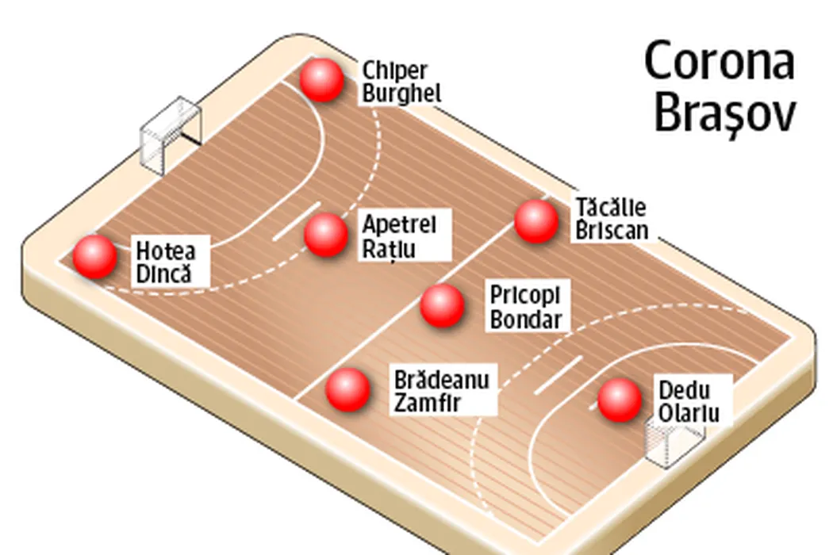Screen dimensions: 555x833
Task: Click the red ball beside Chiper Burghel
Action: point(322,79)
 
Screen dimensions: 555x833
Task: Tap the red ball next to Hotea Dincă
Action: point(95,257)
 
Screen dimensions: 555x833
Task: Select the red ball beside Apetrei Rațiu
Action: point(326,235)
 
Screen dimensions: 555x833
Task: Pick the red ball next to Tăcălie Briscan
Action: point(536,221)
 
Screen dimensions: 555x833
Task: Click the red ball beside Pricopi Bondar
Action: point(442,306)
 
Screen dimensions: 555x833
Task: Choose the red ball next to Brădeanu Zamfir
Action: point(347,389)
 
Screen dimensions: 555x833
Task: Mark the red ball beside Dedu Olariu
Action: point(619,400)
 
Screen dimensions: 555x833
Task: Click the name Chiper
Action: point(394,71)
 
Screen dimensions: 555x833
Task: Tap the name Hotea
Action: point(166,251)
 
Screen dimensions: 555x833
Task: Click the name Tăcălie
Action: point(611,209)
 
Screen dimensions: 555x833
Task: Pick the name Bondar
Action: point(525,320)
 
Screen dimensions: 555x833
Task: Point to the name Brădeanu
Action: point(442,377)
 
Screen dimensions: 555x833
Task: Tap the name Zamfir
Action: point(428,402)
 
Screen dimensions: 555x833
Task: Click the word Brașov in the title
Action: point(724,114)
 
